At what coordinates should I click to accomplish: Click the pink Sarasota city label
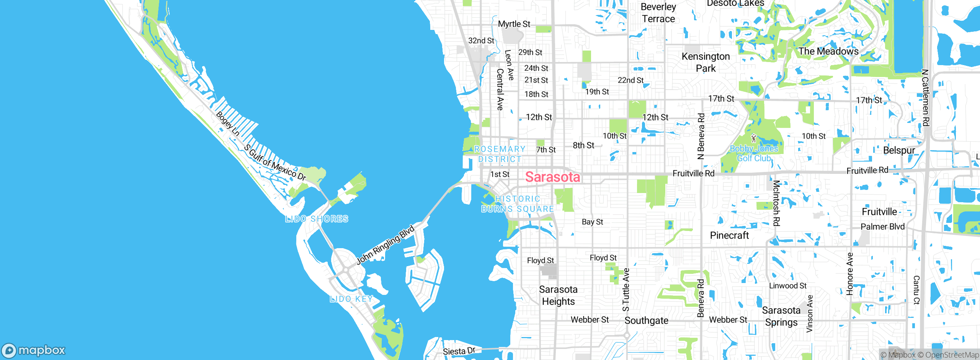click(x=552, y=177)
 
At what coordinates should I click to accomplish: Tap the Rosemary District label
click(x=500, y=154)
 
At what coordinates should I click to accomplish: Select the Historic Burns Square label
click(x=518, y=204)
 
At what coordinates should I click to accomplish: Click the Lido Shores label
click(x=317, y=219)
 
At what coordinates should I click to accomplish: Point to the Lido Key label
click(x=351, y=299)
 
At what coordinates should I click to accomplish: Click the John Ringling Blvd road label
click(x=385, y=245)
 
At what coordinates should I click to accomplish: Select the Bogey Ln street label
click(x=228, y=123)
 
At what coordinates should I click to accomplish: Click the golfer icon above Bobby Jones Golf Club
click(x=754, y=138)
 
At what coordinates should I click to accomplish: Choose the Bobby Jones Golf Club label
click(x=754, y=153)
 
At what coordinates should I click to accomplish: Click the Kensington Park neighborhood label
click(x=706, y=62)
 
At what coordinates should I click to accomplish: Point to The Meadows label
click(x=828, y=51)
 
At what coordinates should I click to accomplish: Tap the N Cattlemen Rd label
click(x=925, y=97)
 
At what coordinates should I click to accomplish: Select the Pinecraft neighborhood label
click(x=729, y=235)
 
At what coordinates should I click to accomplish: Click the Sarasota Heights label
click(x=558, y=295)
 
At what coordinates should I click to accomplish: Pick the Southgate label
click(x=646, y=321)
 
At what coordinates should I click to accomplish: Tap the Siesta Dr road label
click(x=459, y=351)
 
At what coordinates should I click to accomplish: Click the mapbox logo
click(x=34, y=350)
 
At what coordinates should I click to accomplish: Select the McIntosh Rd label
click(x=776, y=203)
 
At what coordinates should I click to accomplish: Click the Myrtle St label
click(x=514, y=24)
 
